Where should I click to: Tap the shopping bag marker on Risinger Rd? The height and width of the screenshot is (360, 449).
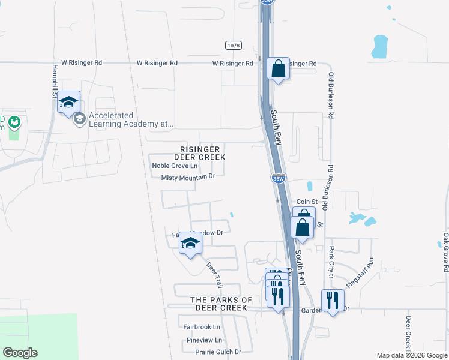click(278, 68)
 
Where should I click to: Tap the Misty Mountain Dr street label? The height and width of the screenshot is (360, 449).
click(188, 177)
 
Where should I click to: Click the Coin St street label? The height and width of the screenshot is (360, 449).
click(306, 202)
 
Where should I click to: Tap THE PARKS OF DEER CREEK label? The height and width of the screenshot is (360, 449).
click(221, 304)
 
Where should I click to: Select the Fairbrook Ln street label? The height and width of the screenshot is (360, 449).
click(202, 327)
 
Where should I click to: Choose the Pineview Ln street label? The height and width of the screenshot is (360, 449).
click(204, 340)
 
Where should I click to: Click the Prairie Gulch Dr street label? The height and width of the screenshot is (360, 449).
click(214, 352)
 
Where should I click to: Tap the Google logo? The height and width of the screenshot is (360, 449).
click(20, 353)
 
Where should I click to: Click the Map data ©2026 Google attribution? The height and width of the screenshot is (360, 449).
click(411, 355)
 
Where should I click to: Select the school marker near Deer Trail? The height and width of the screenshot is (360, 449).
click(191, 244)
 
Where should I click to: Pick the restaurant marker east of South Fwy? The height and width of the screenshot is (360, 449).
click(332, 300)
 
